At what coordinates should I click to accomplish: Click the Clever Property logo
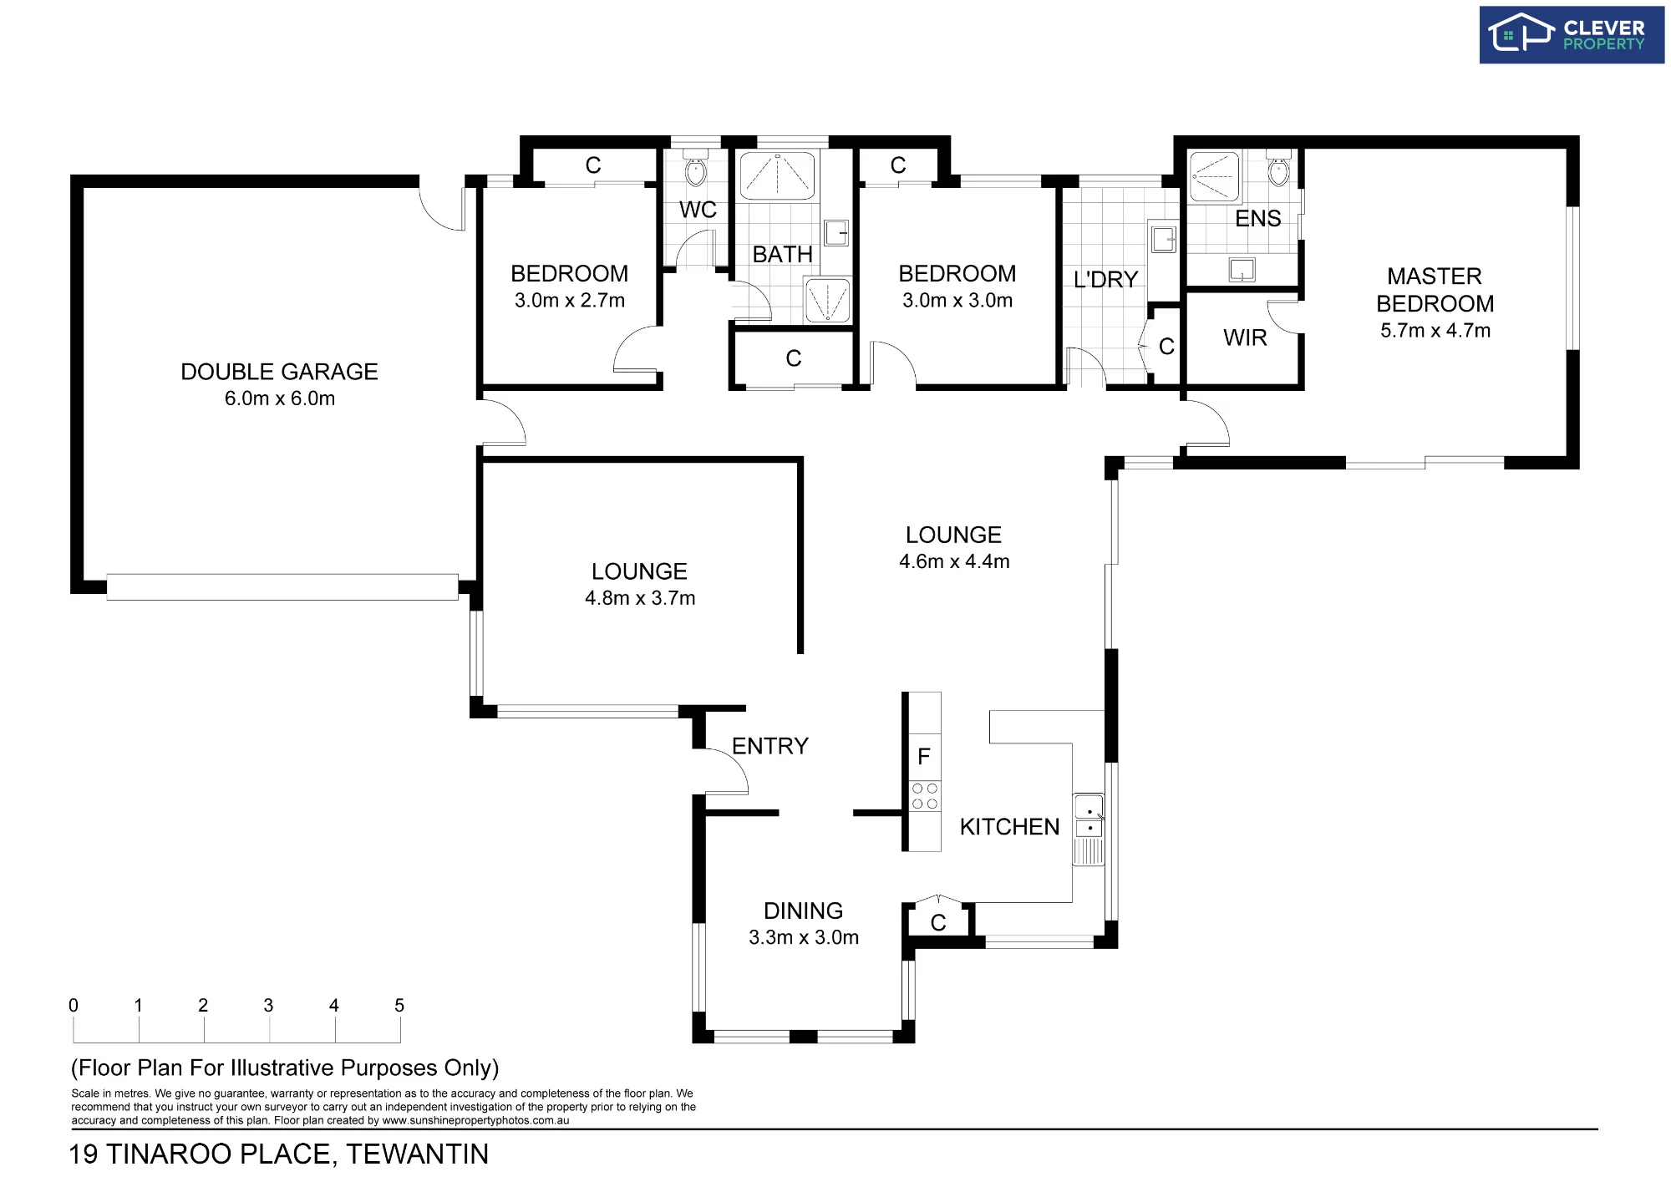coord(1571,35)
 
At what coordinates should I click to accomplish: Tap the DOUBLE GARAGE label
coord(279,372)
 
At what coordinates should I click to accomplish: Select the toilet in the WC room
coord(695,169)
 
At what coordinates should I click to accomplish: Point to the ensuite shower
coord(1214,176)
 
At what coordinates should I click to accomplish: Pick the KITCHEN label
coord(1009,827)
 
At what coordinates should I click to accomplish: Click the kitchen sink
coord(1089,817)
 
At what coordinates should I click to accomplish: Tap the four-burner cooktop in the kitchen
coord(925,796)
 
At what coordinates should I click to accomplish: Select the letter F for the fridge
coord(924,757)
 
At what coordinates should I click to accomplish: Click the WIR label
coord(1245,337)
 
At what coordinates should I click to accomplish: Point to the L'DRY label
coord(1105,279)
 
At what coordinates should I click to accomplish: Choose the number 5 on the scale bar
coord(399,1005)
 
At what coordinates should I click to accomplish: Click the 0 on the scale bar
coord(74,1005)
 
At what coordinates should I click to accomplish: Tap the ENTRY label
coord(770,746)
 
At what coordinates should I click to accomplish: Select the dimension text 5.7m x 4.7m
coord(1435,331)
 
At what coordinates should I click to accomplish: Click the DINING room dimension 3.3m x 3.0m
coord(804,937)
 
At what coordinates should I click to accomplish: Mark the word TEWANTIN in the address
coord(418,1154)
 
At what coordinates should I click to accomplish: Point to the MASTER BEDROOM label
coord(1435,290)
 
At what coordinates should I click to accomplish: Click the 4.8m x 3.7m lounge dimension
coord(640,598)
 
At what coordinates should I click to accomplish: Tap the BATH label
coord(782,254)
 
